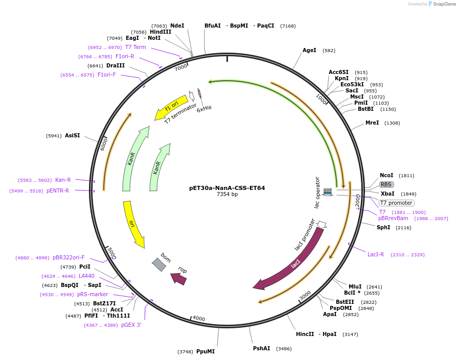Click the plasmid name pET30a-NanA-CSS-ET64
coord(227,188)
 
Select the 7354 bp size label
coord(227,195)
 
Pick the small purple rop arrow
coord(179,278)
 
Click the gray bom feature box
coord(159,264)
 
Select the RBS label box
coord(386,184)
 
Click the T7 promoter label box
coord(396,203)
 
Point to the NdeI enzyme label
coord(177,26)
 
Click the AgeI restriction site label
coord(309,50)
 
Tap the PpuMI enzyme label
coord(205,351)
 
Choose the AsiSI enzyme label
coord(72,135)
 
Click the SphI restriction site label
coord(383,227)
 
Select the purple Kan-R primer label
coord(63,180)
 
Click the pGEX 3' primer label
coord(131,325)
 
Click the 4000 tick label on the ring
coord(198,319)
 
